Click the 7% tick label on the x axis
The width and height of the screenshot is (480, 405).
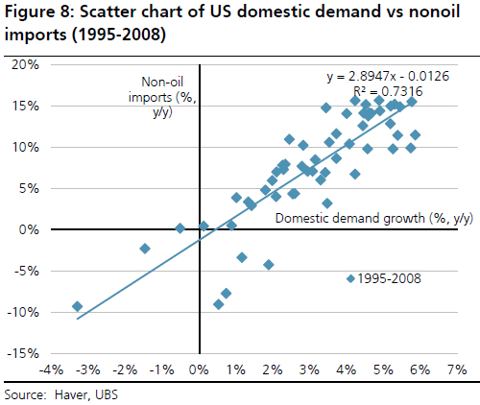(455, 369)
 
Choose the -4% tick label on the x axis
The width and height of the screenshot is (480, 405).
(49, 369)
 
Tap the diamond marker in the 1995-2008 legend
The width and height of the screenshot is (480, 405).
(350, 278)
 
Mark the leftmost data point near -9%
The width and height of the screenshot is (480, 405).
(77, 307)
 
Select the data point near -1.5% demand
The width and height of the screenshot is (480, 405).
(145, 249)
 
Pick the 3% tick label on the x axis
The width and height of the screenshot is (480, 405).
(308, 369)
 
